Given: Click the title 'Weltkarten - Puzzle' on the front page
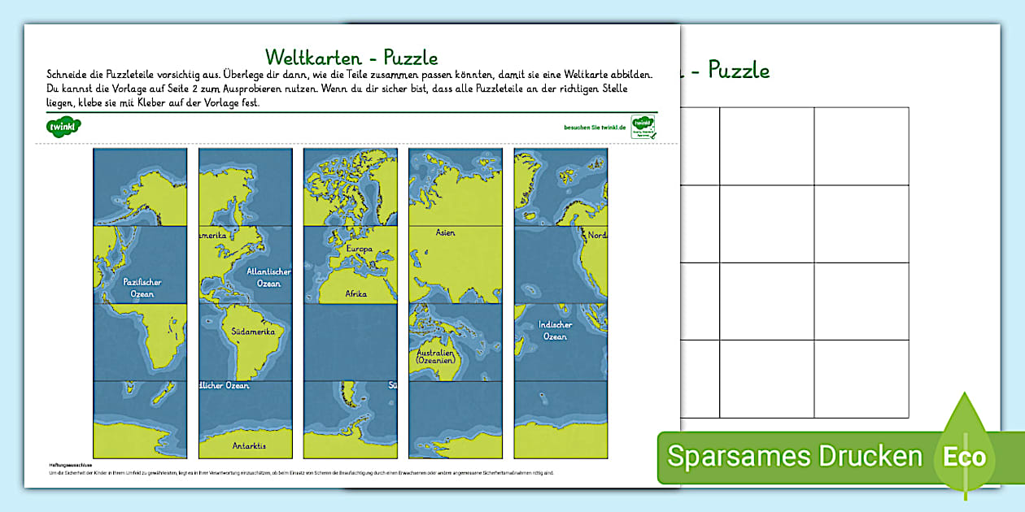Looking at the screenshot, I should (x=351, y=57).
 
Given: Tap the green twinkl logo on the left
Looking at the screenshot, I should (x=64, y=127).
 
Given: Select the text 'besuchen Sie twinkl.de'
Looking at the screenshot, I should (x=595, y=128).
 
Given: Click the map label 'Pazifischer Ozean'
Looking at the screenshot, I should (x=142, y=288).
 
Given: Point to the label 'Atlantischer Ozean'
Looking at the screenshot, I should (x=268, y=277).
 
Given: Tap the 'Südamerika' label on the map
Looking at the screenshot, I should (x=252, y=332).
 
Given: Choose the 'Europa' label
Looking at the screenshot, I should (x=359, y=249).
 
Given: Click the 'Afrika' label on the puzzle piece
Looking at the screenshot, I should (x=355, y=293).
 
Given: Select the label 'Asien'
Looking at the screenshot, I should (x=445, y=233).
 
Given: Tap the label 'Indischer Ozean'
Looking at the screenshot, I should (x=555, y=330).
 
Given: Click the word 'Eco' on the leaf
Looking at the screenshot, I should (x=965, y=457).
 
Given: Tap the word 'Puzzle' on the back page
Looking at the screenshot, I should (x=739, y=71).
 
